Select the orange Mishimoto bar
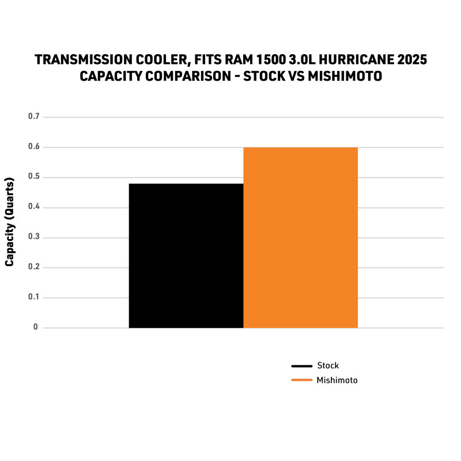coord(300,237)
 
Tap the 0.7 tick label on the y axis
coord(33,117)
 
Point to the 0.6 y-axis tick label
coord(33,147)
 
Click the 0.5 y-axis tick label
coord(33,177)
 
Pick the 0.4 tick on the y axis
coord(33,207)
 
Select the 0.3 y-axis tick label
coord(33,237)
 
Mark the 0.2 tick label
coord(33,267)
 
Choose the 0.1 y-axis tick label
coord(33,297)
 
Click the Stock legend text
coord(328,365)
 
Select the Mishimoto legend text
coord(337,380)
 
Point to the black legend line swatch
coord(301,366)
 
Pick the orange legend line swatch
coord(301,380)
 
